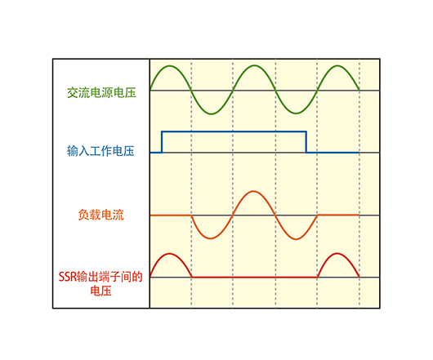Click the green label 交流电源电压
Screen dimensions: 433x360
(x=101, y=93)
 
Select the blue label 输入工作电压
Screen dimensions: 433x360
(x=100, y=151)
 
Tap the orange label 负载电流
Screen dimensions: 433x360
(x=101, y=215)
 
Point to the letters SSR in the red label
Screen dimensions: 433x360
(x=67, y=277)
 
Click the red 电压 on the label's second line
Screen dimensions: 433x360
(x=100, y=291)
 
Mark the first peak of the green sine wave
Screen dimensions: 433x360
(x=170, y=66)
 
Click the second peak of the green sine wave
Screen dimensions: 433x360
(x=254, y=65)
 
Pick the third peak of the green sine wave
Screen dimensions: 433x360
(x=337, y=66)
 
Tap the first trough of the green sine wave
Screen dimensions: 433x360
(x=212, y=113)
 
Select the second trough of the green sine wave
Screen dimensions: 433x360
(x=296, y=113)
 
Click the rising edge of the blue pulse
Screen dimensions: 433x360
(x=162, y=142)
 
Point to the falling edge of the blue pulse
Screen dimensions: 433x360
(x=306, y=142)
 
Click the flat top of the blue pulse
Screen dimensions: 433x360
(x=234, y=132)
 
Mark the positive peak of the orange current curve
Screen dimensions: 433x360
(x=253, y=191)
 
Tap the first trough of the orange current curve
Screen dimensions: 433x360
(x=211, y=238)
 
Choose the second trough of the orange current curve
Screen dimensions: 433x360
(x=296, y=238)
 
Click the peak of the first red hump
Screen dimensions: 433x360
(x=170, y=254)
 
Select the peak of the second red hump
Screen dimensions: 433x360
(x=337, y=253)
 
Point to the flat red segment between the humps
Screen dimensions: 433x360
(x=254, y=277)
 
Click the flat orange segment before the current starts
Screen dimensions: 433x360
(x=171, y=215)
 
